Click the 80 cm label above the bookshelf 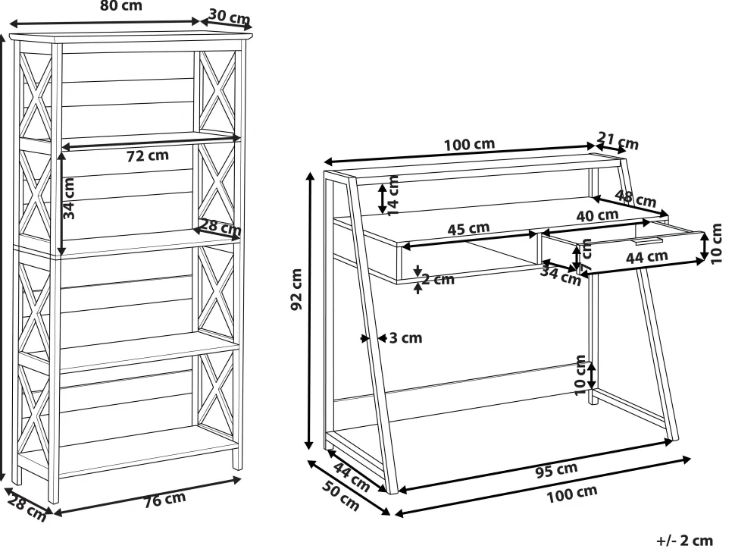click(x=121, y=5)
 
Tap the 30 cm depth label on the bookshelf click(x=230, y=17)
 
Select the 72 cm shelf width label click(x=148, y=155)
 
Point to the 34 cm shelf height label click(x=68, y=199)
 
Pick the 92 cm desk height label click(x=296, y=290)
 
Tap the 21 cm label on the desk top click(x=618, y=141)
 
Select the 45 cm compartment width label click(x=468, y=229)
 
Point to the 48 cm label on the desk click(x=635, y=199)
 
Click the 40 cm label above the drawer click(x=597, y=216)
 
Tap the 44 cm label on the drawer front click(x=647, y=256)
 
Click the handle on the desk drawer click(x=649, y=241)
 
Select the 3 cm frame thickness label click(x=406, y=337)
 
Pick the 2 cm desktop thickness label click(x=438, y=279)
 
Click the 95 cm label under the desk click(x=556, y=469)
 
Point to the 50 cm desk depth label click(x=341, y=496)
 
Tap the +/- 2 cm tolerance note click(x=685, y=541)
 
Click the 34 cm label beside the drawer click(x=561, y=275)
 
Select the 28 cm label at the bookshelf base click(x=27, y=508)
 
